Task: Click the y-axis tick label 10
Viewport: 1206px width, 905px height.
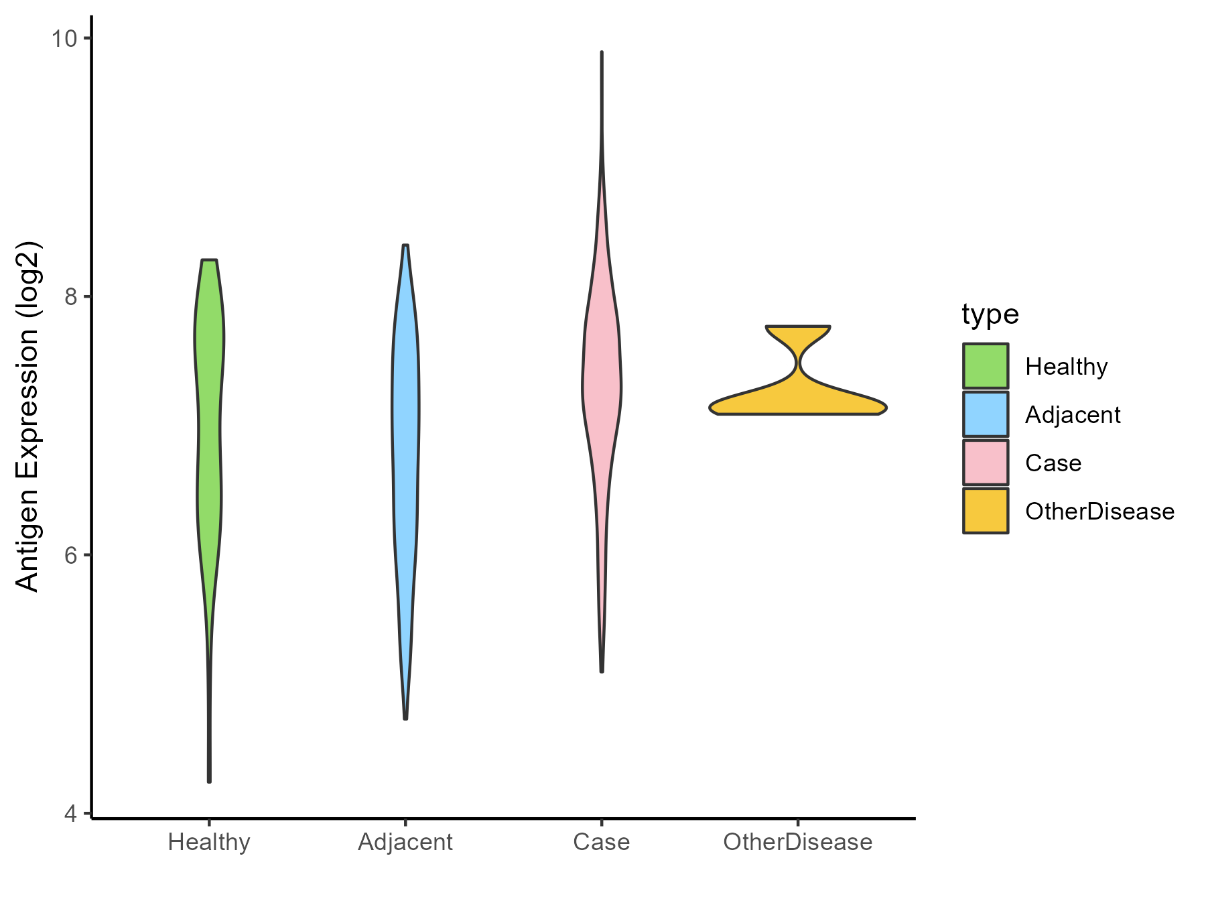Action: click(64, 38)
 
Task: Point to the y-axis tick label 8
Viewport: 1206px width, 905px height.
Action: click(70, 296)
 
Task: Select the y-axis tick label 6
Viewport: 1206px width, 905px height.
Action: click(70, 555)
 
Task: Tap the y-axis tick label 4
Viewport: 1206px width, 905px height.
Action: click(70, 813)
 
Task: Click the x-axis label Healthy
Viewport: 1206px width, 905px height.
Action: click(209, 842)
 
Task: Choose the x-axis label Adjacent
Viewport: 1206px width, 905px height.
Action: click(405, 842)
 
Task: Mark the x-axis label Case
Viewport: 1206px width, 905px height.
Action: click(602, 842)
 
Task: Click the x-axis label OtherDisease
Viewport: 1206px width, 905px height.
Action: click(798, 842)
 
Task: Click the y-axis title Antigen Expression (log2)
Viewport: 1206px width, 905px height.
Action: click(28, 416)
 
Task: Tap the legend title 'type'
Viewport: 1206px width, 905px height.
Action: click(990, 314)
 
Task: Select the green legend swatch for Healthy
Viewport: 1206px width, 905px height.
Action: click(986, 366)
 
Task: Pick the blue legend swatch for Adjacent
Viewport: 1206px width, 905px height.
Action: click(986, 414)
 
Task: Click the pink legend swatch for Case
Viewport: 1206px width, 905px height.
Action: click(986, 463)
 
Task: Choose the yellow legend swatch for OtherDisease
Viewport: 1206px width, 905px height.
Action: click(986, 511)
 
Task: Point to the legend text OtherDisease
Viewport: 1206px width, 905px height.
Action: click(1099, 511)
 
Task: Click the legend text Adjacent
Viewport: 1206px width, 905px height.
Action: click(1073, 415)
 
